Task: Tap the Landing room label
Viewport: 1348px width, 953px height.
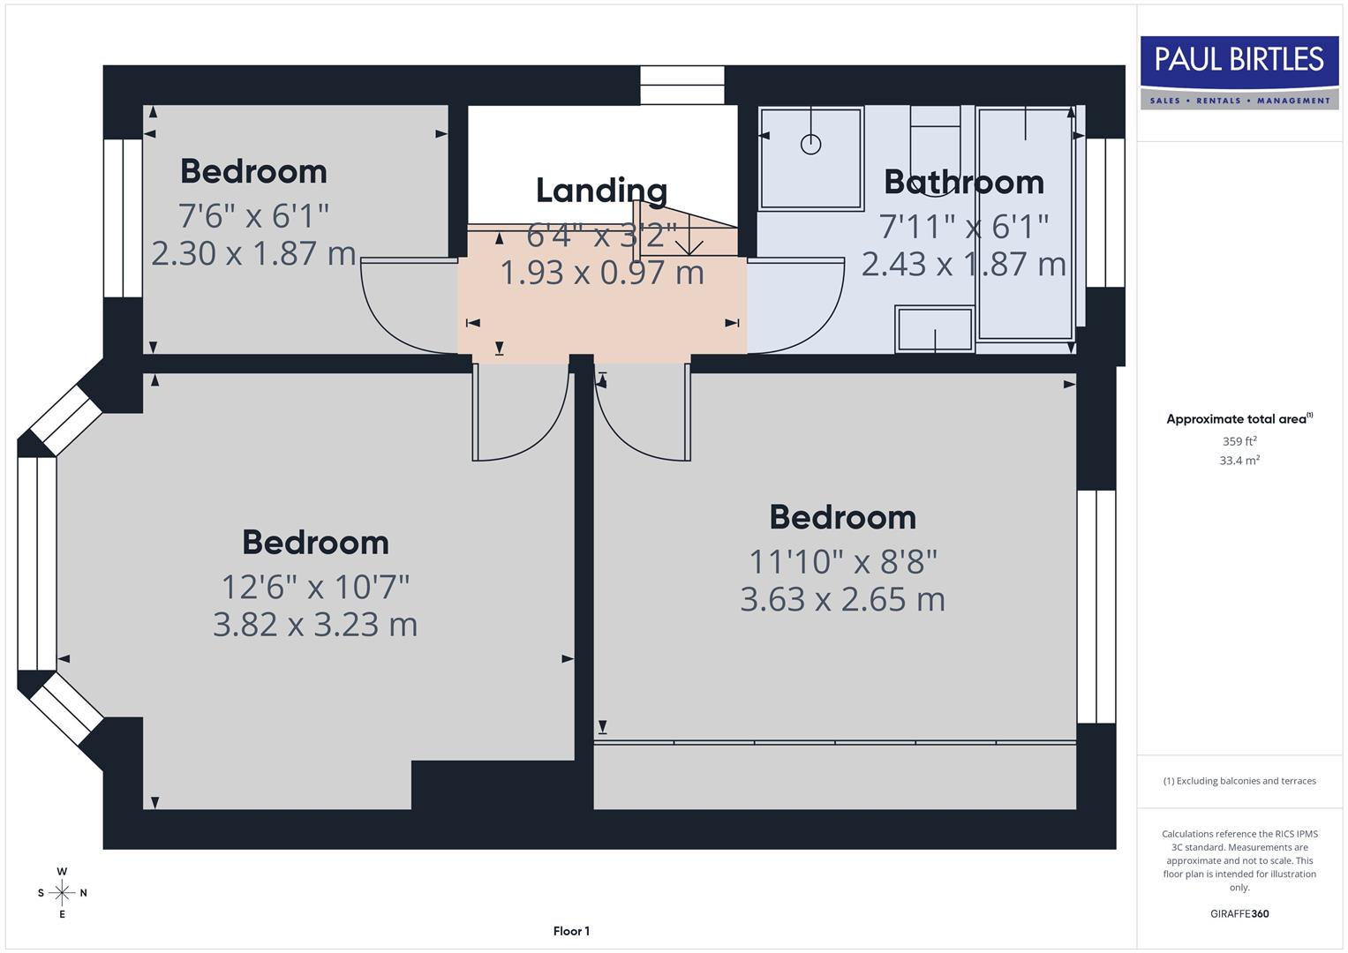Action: pyautogui.click(x=601, y=190)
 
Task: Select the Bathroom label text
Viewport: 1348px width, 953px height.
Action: pyautogui.click(x=963, y=182)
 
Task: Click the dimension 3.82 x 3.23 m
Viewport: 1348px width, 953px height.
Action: pyautogui.click(x=315, y=625)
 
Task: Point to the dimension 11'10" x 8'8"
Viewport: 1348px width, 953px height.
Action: pyautogui.click(x=842, y=561)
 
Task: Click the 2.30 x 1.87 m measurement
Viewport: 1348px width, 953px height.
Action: pyautogui.click(x=253, y=254)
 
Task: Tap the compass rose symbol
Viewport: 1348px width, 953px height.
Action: pyautogui.click(x=62, y=893)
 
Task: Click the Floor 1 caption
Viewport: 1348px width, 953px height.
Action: pyautogui.click(x=571, y=931)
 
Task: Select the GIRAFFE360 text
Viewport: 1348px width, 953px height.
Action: pyautogui.click(x=1239, y=913)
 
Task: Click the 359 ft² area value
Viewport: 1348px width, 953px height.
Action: pyautogui.click(x=1239, y=441)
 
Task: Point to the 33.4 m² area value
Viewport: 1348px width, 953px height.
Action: pyautogui.click(x=1239, y=461)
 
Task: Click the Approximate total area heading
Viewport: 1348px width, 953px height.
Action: pyautogui.click(x=1239, y=419)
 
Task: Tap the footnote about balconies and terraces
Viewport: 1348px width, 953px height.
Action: pyautogui.click(x=1239, y=781)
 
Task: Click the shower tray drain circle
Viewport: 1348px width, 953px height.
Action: pyautogui.click(x=810, y=144)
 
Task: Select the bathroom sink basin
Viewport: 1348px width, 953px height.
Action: pyautogui.click(x=935, y=328)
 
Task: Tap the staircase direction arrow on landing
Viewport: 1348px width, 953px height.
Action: pyautogui.click(x=689, y=240)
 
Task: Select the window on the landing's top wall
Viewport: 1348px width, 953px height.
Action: pyautogui.click(x=682, y=85)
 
